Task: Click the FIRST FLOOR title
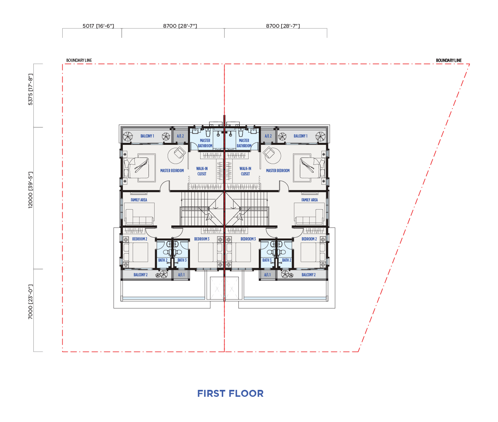pos(230,394)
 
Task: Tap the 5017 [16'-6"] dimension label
pos(98,26)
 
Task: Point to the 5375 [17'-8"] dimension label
pos(31,90)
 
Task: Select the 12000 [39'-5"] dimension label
pos(31,190)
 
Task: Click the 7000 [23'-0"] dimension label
pos(31,302)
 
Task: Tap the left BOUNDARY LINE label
pos(79,60)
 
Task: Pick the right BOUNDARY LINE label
pos(449,60)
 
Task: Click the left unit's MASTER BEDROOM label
pos(172,171)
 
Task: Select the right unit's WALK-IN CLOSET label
pos(245,171)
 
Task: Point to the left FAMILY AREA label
pos(139,200)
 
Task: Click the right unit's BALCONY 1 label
pos(300,136)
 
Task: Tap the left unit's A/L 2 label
pos(180,136)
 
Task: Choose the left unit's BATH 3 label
pos(182,260)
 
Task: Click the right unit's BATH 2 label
pos(286,260)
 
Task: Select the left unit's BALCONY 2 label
pos(140,275)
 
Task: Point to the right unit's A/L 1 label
pos(267,275)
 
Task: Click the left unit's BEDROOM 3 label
pos(202,239)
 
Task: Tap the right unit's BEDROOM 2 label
pos(309,239)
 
